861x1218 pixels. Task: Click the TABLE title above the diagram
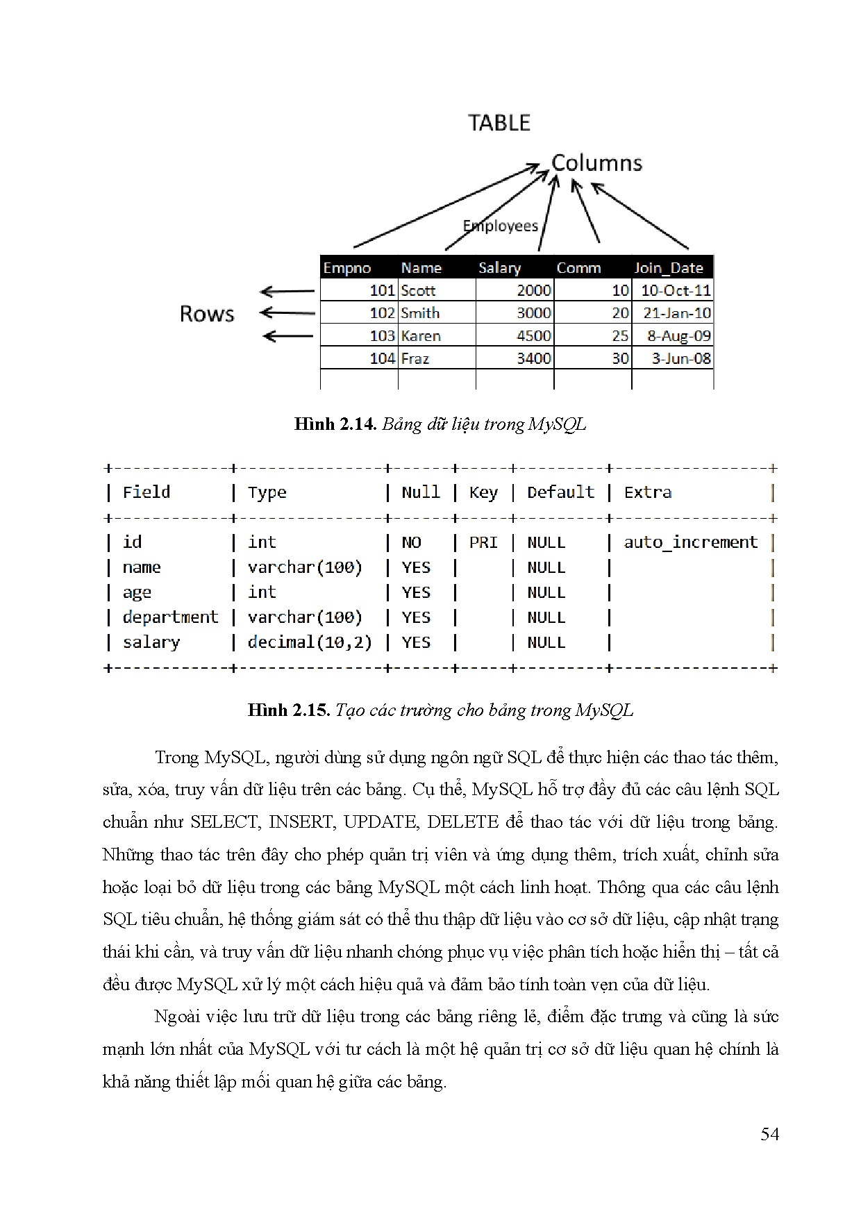pos(499,123)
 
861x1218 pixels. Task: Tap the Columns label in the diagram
pos(596,163)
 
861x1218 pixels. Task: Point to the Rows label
pos(207,314)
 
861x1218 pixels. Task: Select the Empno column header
pos(347,268)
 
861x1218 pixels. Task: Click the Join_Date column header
pos(668,268)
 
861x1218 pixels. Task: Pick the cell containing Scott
pos(418,290)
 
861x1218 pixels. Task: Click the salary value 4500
pos(533,336)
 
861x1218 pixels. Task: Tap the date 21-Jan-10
pos(676,313)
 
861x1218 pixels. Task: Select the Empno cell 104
pos(382,358)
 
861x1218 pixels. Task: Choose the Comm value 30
pos(620,358)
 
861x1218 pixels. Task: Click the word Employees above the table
pos(500,226)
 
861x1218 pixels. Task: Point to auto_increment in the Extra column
pos(690,542)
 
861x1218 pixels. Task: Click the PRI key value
pos(483,542)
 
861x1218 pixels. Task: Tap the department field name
pos(170,617)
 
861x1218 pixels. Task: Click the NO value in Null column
pos(411,542)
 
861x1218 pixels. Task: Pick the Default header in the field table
pos(560,492)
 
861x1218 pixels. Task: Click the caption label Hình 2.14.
pos(335,424)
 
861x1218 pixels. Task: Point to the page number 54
pos(769,1134)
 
